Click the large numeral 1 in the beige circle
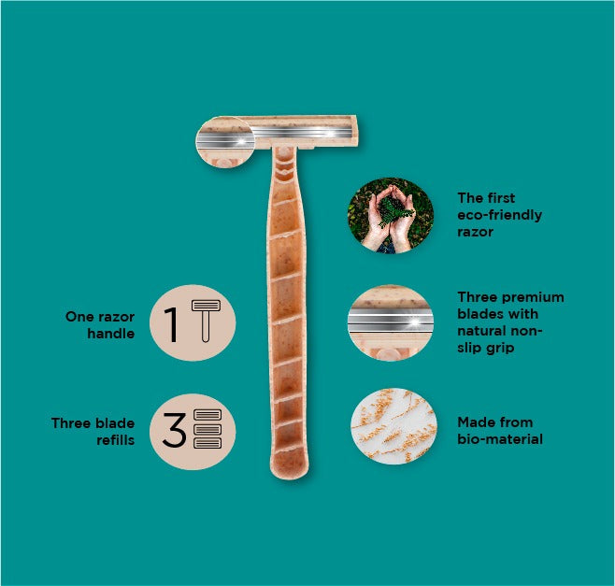(x=171, y=324)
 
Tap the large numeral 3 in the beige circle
(x=174, y=430)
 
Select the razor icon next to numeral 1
(x=206, y=322)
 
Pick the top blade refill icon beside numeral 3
(x=207, y=415)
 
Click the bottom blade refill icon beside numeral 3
(x=207, y=443)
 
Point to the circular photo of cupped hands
(x=391, y=215)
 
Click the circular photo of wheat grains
(x=393, y=426)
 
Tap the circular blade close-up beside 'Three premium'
(x=391, y=322)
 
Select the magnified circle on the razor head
(x=225, y=142)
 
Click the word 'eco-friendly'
(x=499, y=215)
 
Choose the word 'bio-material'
(x=500, y=439)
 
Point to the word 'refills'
(x=116, y=440)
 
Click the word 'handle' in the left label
(x=111, y=334)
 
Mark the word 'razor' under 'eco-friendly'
(x=475, y=232)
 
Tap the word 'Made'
(x=474, y=422)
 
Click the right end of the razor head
(x=356, y=131)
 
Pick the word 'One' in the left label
(x=78, y=317)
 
